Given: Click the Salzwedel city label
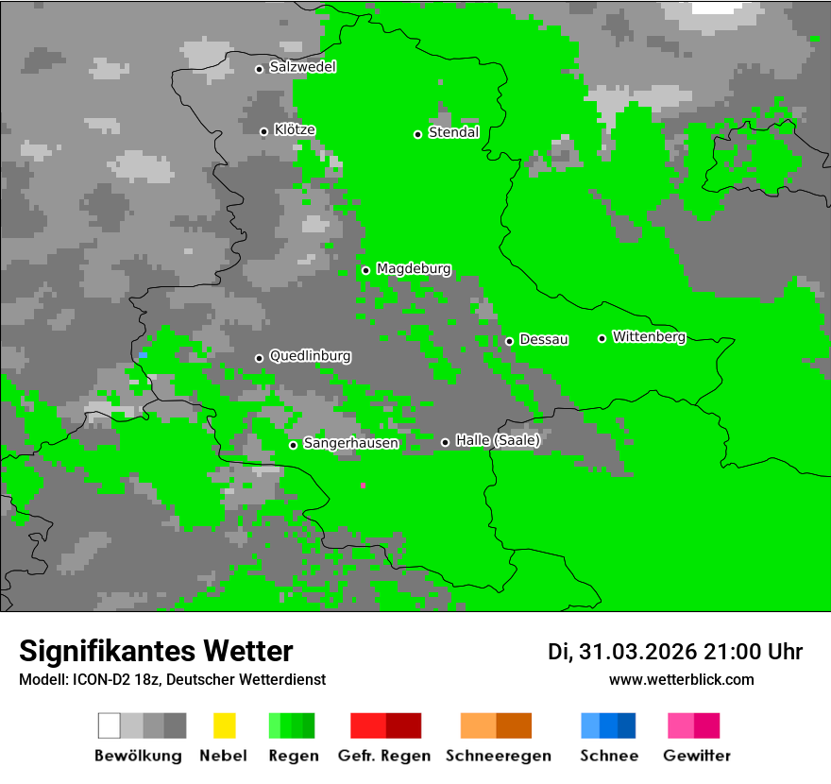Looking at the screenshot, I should click(x=302, y=67).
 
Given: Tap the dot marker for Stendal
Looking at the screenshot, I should click(x=417, y=134).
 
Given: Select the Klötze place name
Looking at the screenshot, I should click(x=295, y=129).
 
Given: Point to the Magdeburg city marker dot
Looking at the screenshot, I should click(x=365, y=270).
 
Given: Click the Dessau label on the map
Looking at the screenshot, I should click(x=544, y=339).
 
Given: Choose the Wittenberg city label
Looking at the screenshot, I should click(x=649, y=336).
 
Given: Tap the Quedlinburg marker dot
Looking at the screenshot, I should click(x=259, y=358).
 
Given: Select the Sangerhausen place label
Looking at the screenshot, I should click(x=350, y=443).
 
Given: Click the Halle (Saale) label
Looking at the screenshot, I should click(x=498, y=440).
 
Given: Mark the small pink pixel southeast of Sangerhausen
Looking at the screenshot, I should click(x=363, y=486).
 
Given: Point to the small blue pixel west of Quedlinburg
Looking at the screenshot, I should click(x=143, y=355).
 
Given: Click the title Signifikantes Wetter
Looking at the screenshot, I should click(x=156, y=651).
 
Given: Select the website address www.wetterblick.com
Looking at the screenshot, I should click(x=681, y=679).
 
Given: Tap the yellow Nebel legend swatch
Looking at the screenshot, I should click(x=224, y=725).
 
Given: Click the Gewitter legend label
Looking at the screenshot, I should click(x=696, y=756).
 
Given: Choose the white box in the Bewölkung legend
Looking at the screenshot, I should click(x=110, y=725).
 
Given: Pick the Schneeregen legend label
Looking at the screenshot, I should click(x=496, y=756).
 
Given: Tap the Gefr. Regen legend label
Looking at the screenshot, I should click(x=384, y=756).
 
